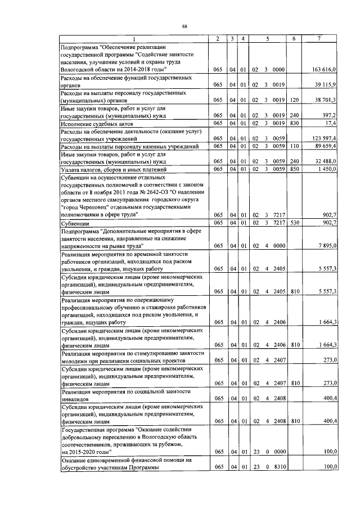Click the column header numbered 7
tap(318, 38)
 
